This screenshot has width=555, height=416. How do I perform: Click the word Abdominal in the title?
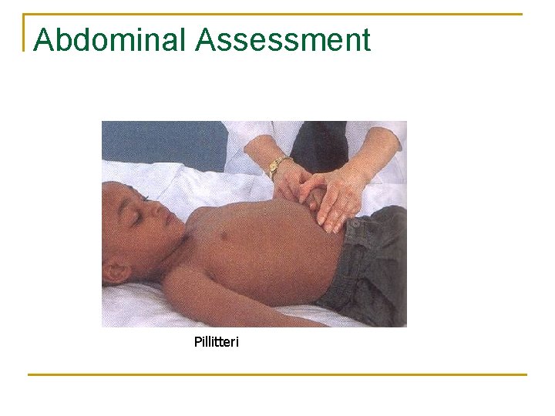pos(111,40)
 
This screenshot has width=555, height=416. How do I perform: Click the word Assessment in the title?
pos(283,40)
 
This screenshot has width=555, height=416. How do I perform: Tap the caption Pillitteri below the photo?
pos(217,341)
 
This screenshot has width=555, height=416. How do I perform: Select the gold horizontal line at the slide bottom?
pos(277,374)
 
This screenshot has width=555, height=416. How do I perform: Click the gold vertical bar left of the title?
pos(25,32)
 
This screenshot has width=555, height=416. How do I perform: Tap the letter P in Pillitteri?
pos(197,341)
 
